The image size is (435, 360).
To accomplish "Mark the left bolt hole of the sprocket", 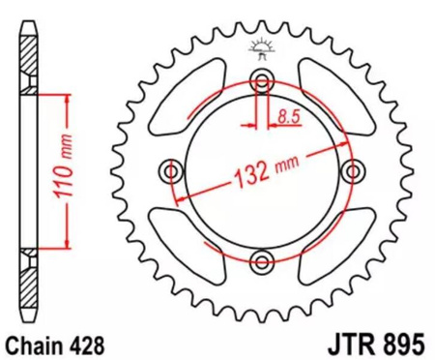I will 172,170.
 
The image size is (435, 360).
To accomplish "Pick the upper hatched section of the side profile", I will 31,66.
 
